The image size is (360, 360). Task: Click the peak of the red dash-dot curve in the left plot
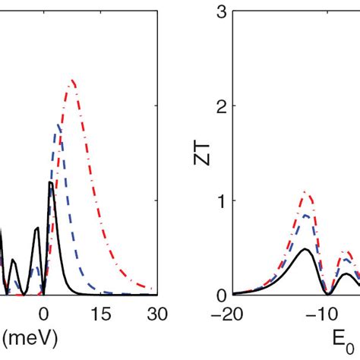tap(72, 81)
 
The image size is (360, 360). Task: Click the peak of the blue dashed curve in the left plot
tap(58, 125)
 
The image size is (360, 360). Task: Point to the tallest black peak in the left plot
tap(51, 182)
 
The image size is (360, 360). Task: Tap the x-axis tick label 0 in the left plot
tap(43, 314)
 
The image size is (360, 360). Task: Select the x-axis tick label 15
tap(101, 314)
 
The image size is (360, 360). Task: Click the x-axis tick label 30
tap(157, 314)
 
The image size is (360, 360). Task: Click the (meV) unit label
tap(30, 338)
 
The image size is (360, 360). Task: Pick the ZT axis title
tap(201, 154)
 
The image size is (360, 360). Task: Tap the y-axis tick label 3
tap(222, 11)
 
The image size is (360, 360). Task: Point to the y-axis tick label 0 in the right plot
tap(222, 295)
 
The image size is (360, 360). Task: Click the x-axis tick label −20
tap(227, 314)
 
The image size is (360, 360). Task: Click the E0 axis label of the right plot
tap(343, 340)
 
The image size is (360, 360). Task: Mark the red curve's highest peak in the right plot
tap(305, 191)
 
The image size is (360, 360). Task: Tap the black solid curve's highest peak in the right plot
tap(305, 249)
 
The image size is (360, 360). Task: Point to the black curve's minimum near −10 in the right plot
tap(328, 295)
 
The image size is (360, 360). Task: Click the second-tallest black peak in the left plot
tap(37, 228)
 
